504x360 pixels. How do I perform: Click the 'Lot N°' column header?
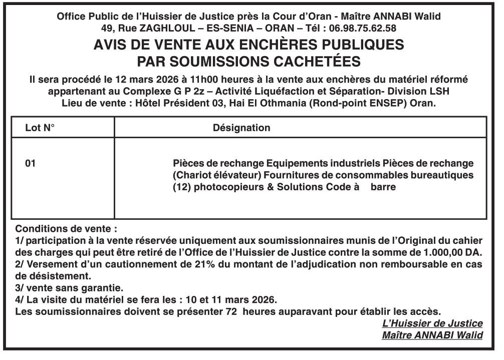[40, 128]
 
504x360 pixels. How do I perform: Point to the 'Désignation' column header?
[241, 128]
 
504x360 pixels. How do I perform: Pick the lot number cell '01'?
[31, 163]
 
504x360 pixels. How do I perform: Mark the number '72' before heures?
[227, 312]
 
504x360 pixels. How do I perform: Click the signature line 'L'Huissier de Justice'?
[432, 323]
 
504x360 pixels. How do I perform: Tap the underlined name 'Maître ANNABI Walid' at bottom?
[432, 335]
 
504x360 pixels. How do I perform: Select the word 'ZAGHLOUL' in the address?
[163, 28]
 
